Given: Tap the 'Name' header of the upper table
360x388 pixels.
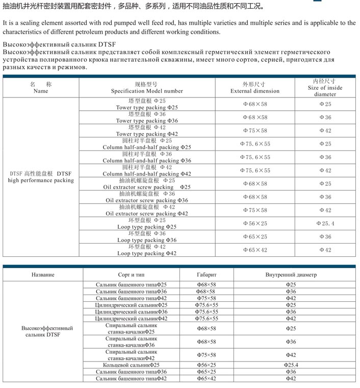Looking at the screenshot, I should coord(41,91).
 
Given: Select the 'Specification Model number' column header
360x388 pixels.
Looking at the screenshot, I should coord(147,91).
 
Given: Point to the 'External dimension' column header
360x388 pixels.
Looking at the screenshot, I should coord(255,91).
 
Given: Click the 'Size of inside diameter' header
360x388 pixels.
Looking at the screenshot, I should coord(325,88).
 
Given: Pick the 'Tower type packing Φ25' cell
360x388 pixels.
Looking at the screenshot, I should coord(147,108).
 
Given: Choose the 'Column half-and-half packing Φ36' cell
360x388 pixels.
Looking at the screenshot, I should coord(147,160).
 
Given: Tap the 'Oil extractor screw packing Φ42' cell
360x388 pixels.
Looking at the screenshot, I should coord(147,213).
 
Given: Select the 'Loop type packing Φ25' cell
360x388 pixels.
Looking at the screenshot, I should coord(147,227).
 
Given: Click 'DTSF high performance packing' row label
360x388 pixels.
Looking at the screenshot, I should coord(41,177).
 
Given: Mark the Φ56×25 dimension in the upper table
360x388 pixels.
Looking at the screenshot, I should coord(255,224).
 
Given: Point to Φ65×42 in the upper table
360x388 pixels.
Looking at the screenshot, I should coord(255,250).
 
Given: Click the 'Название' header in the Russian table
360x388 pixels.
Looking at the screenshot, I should coord(43,275).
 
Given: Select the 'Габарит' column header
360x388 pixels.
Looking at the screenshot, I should coord(207,275).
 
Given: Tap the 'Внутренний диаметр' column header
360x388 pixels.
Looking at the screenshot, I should coord(291,275).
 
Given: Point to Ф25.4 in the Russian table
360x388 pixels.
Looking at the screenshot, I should coord(291,365).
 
